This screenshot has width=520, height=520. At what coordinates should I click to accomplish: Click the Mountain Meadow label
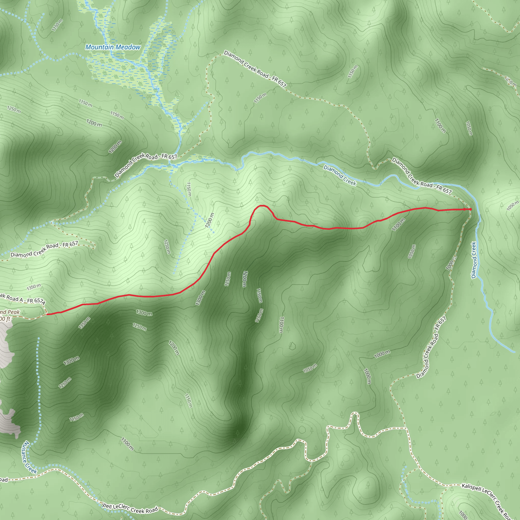[113, 47]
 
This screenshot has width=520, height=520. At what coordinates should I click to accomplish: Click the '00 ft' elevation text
[5, 319]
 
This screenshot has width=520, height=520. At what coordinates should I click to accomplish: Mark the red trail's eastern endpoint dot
[470, 209]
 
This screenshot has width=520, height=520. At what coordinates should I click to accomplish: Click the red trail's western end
[47, 314]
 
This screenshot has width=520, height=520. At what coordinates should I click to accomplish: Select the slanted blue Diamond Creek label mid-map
[340, 175]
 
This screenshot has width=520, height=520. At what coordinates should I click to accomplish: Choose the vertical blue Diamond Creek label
[474, 260]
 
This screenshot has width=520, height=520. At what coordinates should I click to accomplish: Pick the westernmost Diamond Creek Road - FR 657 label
[44, 249]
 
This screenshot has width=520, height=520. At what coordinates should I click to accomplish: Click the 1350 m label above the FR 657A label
[34, 287]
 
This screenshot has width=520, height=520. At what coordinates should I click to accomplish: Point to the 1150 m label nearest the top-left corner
[57, 25]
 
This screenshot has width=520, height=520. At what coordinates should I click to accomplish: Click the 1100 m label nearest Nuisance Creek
[127, 444]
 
